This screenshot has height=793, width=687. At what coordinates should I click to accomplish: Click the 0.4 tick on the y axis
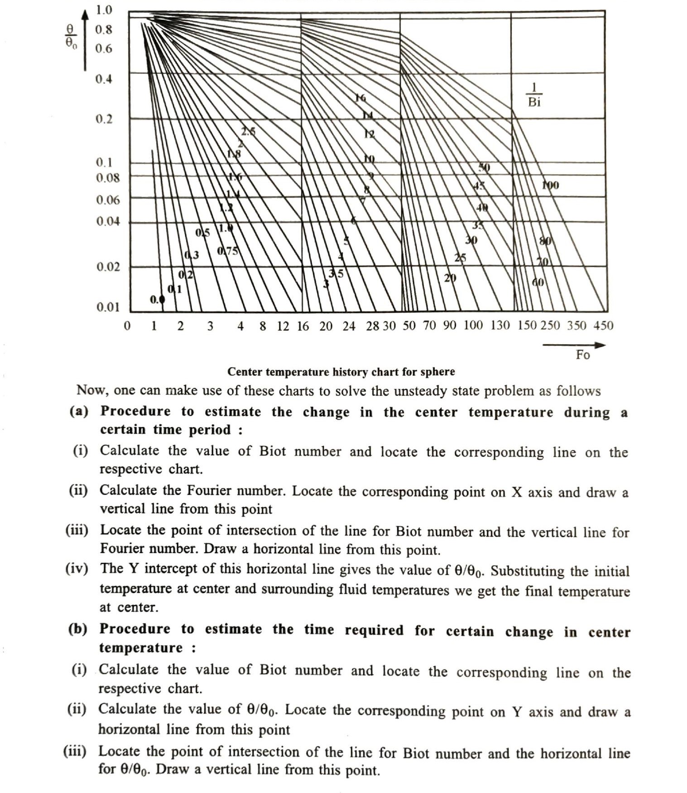pos(104,79)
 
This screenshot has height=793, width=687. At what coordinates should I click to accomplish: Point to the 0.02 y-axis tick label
pos(108,267)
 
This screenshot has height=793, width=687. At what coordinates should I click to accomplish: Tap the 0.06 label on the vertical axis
pos(108,200)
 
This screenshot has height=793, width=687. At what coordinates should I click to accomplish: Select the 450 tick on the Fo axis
pos(603,325)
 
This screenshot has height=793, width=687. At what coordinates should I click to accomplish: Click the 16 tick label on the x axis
pos(303,326)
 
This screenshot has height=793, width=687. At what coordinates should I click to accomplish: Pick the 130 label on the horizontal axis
pos(500,325)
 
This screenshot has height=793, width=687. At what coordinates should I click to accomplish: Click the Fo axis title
pos(583,355)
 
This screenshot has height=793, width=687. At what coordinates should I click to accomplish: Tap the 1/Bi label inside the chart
pos(534,95)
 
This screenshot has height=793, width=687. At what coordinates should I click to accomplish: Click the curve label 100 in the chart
pos(551,185)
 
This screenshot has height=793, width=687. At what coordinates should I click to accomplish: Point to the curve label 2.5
pos(248,132)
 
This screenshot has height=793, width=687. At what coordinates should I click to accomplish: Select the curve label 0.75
pos(227,251)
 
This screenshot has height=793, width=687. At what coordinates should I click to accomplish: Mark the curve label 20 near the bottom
pos(450,277)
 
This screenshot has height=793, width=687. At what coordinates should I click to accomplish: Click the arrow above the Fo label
pos(574,345)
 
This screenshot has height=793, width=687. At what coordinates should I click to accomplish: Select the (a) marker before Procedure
pos(79,411)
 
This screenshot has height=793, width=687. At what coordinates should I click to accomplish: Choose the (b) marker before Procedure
pos(78,629)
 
